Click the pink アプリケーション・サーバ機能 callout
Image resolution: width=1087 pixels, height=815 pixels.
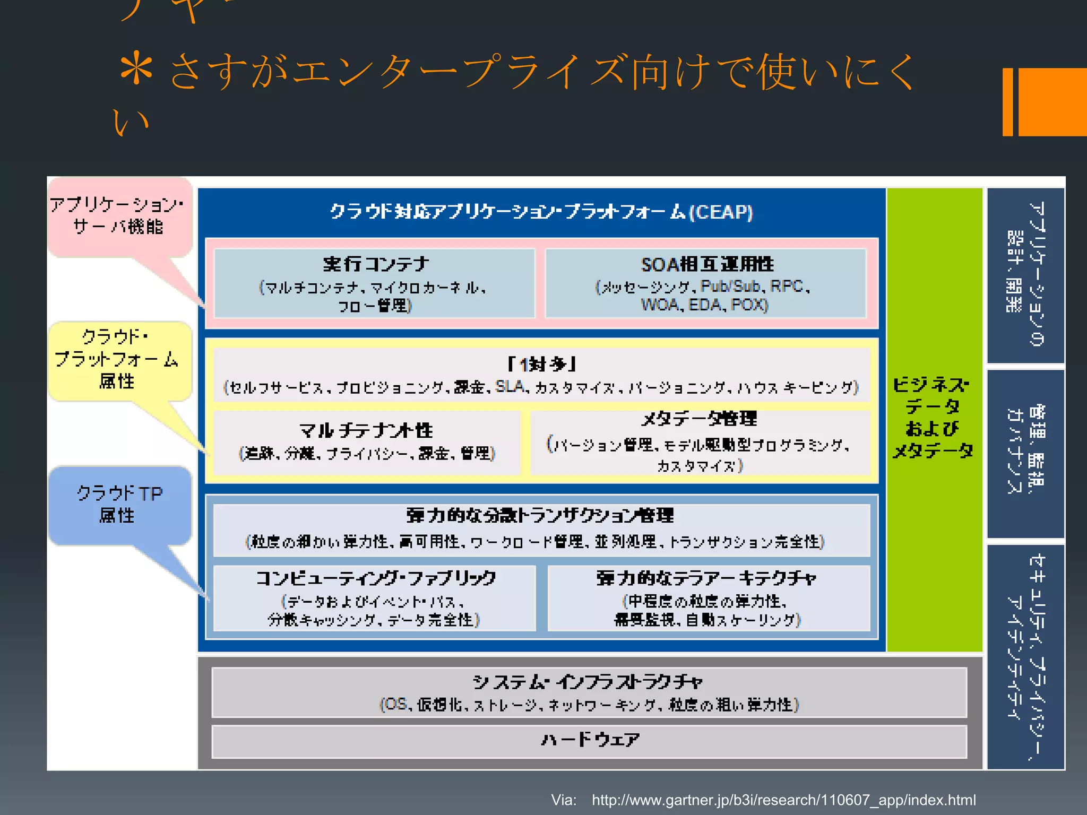[x=118, y=216]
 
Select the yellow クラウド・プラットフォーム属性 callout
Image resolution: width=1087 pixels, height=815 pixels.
[x=118, y=360]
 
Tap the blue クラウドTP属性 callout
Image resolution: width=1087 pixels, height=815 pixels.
[x=119, y=505]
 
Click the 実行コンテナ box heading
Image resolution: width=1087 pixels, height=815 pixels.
[x=376, y=264]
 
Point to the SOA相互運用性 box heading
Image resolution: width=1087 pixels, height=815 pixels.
[x=707, y=264]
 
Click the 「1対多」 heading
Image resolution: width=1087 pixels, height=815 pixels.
[x=541, y=365]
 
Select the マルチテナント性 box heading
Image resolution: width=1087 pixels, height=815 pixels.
[x=366, y=430]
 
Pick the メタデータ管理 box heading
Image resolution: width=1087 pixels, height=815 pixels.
[x=700, y=419]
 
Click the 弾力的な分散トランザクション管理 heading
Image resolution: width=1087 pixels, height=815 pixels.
[x=540, y=515]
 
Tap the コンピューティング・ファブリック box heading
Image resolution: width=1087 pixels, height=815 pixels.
[x=376, y=578]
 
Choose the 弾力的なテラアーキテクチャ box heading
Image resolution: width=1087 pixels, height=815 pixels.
[x=707, y=578]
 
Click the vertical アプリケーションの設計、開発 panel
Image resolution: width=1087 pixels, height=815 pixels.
[x=1025, y=274]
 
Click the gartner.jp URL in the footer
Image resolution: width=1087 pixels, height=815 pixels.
[x=783, y=800]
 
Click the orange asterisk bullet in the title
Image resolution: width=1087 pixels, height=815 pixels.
[x=137, y=69]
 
